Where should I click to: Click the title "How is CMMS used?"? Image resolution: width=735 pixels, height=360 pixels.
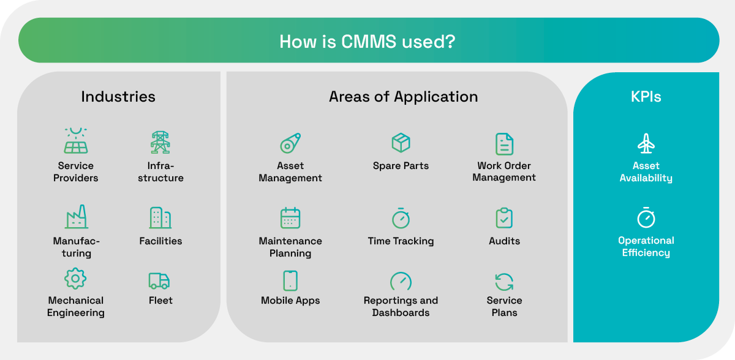click(x=367, y=42)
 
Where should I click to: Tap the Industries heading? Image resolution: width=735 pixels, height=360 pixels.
click(x=118, y=97)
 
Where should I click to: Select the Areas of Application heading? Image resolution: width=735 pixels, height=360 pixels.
click(x=403, y=97)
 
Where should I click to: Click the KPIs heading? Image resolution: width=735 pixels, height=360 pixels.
click(x=646, y=97)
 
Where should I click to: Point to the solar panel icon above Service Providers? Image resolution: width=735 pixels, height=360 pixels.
click(x=76, y=141)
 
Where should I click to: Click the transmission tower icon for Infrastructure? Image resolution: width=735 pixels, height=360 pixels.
click(x=160, y=142)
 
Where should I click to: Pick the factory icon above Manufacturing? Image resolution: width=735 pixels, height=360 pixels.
click(x=76, y=217)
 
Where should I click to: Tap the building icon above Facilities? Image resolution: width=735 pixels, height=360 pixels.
click(x=160, y=218)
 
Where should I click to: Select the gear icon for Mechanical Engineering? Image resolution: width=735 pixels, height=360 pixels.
click(x=75, y=279)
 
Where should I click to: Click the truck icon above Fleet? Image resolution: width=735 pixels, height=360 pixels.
click(x=159, y=280)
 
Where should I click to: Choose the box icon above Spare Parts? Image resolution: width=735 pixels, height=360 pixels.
click(x=401, y=143)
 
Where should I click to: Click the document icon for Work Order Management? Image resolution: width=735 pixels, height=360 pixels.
click(x=504, y=144)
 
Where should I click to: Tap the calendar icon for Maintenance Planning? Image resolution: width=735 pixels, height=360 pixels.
click(x=290, y=218)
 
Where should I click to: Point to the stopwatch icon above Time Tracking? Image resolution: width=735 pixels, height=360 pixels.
click(x=401, y=218)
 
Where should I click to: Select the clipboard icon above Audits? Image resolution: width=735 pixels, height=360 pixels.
click(x=504, y=218)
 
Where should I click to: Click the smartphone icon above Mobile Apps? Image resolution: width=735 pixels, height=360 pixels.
click(x=290, y=280)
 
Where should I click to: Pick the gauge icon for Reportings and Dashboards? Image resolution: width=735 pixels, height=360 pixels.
click(x=401, y=281)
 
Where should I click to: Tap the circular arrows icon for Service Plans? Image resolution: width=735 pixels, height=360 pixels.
click(x=504, y=282)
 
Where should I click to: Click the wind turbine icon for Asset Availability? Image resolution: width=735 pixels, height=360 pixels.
click(x=646, y=144)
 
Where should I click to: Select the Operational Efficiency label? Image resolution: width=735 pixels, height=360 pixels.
click(x=646, y=247)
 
